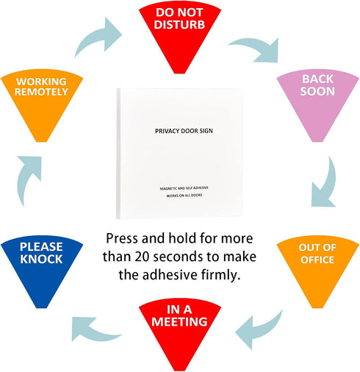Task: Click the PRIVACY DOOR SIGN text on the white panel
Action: (x=184, y=131)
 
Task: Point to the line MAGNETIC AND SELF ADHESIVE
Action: (x=184, y=188)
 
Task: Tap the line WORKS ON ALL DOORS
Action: (x=184, y=196)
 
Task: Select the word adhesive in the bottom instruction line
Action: (x=170, y=275)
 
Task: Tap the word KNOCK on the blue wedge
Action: (x=41, y=260)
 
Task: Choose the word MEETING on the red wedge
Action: (x=179, y=322)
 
